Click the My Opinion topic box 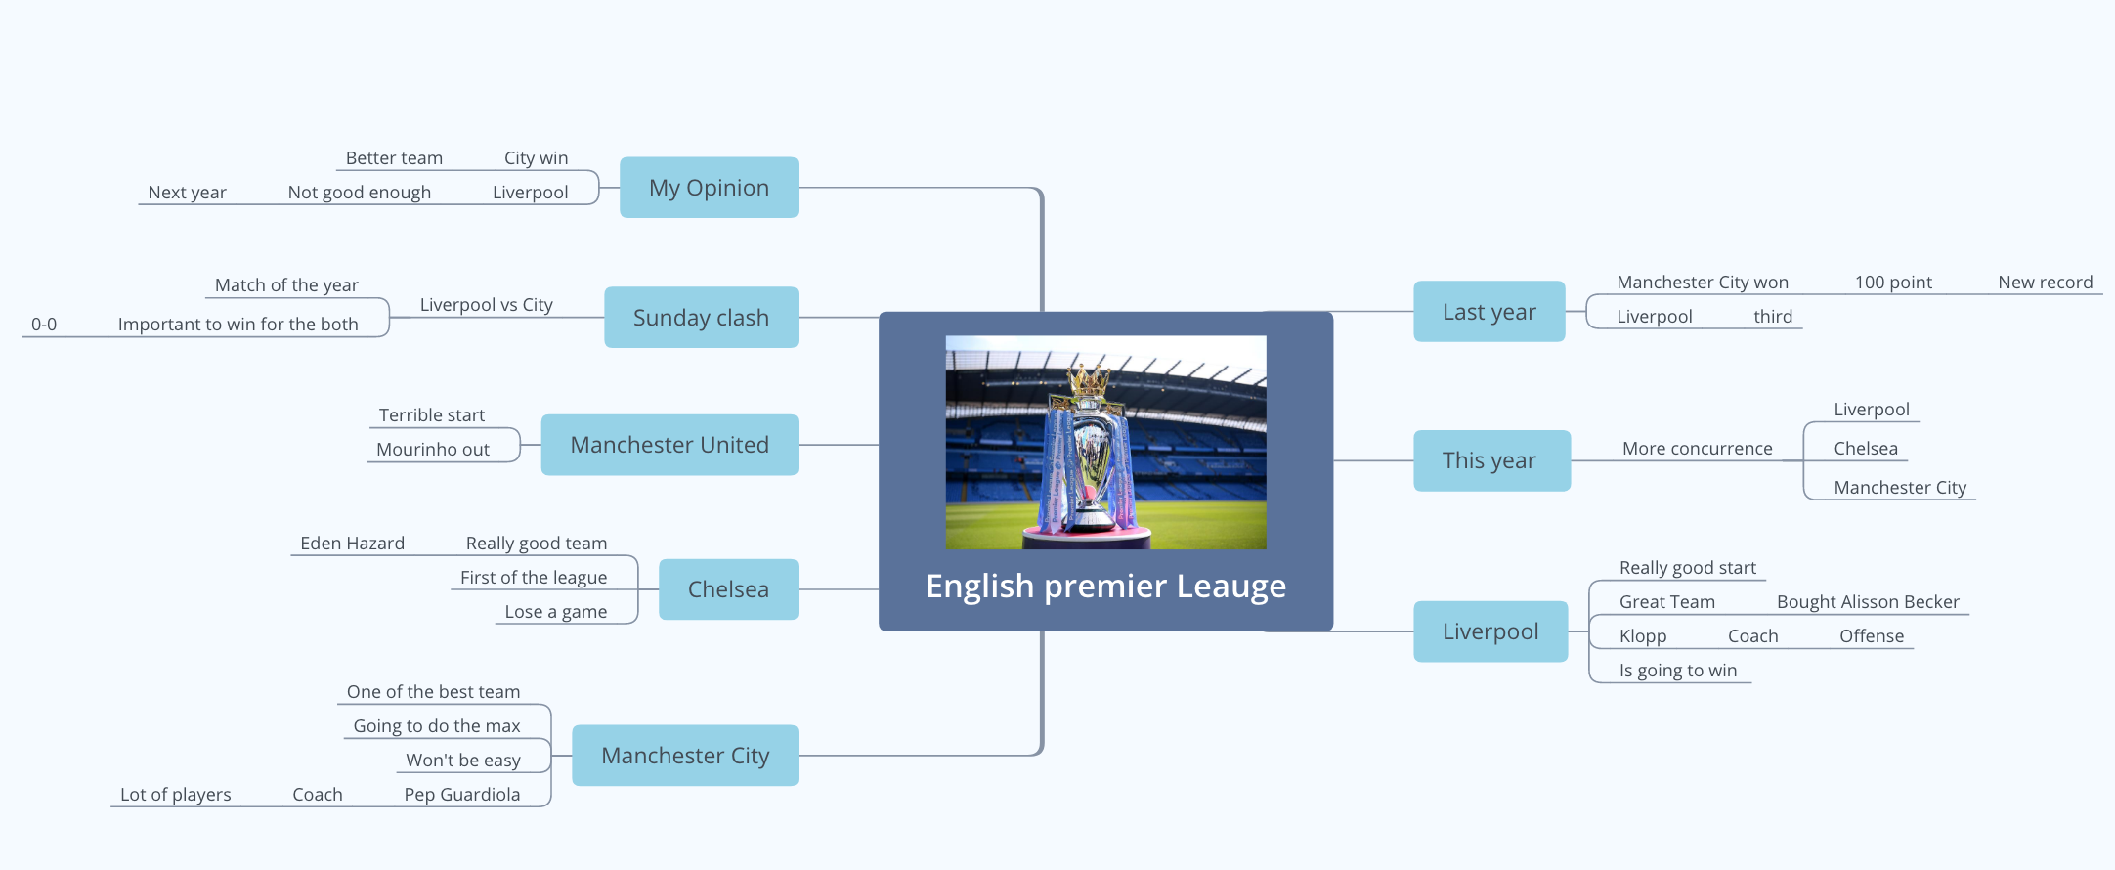tap(709, 188)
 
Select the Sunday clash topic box tap(701, 318)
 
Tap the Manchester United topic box tap(669, 445)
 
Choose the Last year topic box tap(1489, 312)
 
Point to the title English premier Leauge tap(1105, 587)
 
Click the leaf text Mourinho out tap(433, 450)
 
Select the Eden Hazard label tap(352, 544)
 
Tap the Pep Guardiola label tap(462, 795)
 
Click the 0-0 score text tap(44, 325)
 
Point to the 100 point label tap(1893, 283)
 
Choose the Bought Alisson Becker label tap(1868, 602)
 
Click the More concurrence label tap(1698, 449)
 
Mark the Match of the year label tap(286, 285)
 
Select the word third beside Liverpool tap(1773, 317)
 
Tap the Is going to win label tap(1678, 671)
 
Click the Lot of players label tap(176, 795)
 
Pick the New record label tap(2046, 283)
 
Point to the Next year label tap(187, 193)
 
